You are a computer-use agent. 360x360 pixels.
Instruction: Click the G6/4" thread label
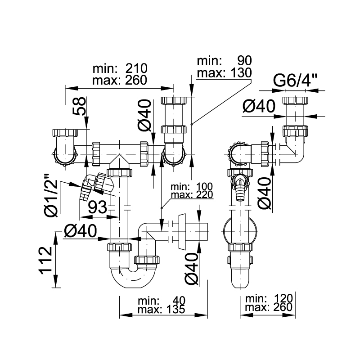[x=295, y=81]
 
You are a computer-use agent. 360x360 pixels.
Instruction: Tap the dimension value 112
[x=46, y=261]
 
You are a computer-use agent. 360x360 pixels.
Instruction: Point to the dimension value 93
[x=98, y=207]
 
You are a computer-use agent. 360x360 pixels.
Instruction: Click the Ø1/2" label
[x=51, y=195]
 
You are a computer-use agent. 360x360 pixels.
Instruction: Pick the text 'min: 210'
[x=120, y=68]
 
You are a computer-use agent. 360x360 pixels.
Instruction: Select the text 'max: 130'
[x=224, y=73]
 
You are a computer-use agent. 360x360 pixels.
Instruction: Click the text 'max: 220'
[x=192, y=195]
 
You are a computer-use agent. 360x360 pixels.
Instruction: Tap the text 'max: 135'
[x=161, y=309]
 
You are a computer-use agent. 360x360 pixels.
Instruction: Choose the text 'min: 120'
[x=269, y=298]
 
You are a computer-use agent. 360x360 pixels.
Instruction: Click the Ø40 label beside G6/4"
[x=259, y=106]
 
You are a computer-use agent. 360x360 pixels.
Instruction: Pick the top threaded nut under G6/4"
[x=295, y=100]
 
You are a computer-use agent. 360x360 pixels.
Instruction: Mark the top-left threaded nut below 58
[x=65, y=133]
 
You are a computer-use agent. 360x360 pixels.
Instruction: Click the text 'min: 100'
[x=192, y=187]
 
